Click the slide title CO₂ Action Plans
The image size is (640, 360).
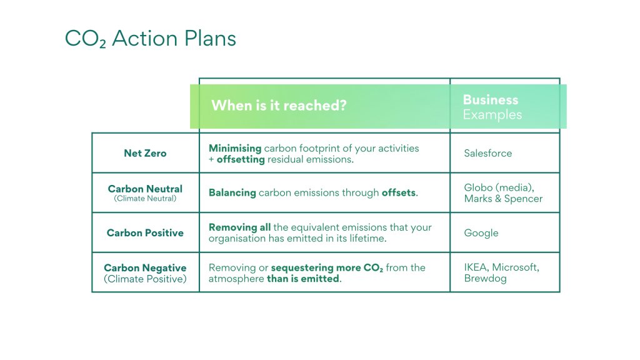click(151, 39)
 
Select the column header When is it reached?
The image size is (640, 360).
click(279, 106)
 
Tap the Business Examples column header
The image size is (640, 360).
click(492, 107)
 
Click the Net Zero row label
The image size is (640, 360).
click(145, 154)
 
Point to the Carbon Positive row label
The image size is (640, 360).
click(145, 233)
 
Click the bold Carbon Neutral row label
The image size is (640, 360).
click(145, 189)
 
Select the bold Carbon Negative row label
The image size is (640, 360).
click(145, 267)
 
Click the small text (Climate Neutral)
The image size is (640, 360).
click(145, 199)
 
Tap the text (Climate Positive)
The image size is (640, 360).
click(145, 279)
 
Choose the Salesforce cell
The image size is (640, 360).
click(487, 154)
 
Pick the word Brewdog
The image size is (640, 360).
click(485, 279)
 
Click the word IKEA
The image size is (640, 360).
click(476, 267)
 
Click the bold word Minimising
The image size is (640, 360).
click(235, 148)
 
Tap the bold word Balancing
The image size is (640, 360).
click(232, 192)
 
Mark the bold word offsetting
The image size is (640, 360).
click(241, 159)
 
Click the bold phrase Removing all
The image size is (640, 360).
click(239, 227)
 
